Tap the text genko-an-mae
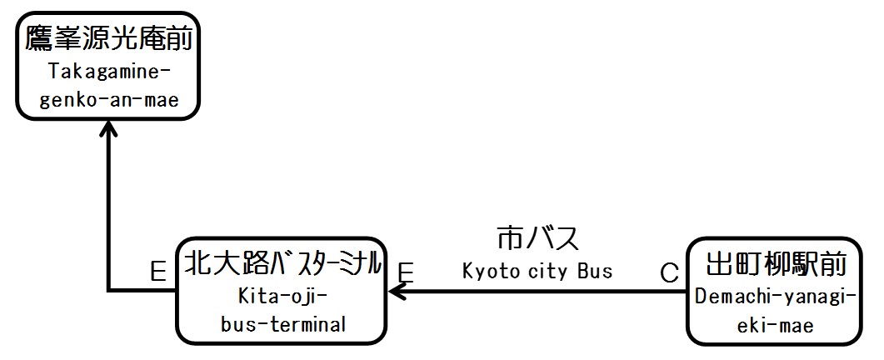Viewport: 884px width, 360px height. [x=109, y=102]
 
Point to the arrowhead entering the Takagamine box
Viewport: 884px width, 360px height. [x=108, y=129]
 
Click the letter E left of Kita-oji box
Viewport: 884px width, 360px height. [x=158, y=272]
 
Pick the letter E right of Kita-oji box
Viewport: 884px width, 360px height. [x=406, y=272]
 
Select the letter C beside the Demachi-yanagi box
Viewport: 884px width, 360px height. [x=669, y=272]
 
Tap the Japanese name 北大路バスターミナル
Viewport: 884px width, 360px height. [x=283, y=265]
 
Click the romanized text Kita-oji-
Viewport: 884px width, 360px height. [x=283, y=296]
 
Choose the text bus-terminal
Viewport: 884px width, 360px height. [x=283, y=325]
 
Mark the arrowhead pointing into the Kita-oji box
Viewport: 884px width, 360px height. [x=397, y=291]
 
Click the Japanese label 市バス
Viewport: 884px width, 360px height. [x=537, y=238]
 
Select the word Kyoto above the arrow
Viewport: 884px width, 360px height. [x=491, y=270]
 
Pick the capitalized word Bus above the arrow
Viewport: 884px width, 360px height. [x=597, y=270]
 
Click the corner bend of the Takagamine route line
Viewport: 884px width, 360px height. [x=109, y=290]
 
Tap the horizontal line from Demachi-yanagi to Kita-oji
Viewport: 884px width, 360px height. [x=542, y=291]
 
